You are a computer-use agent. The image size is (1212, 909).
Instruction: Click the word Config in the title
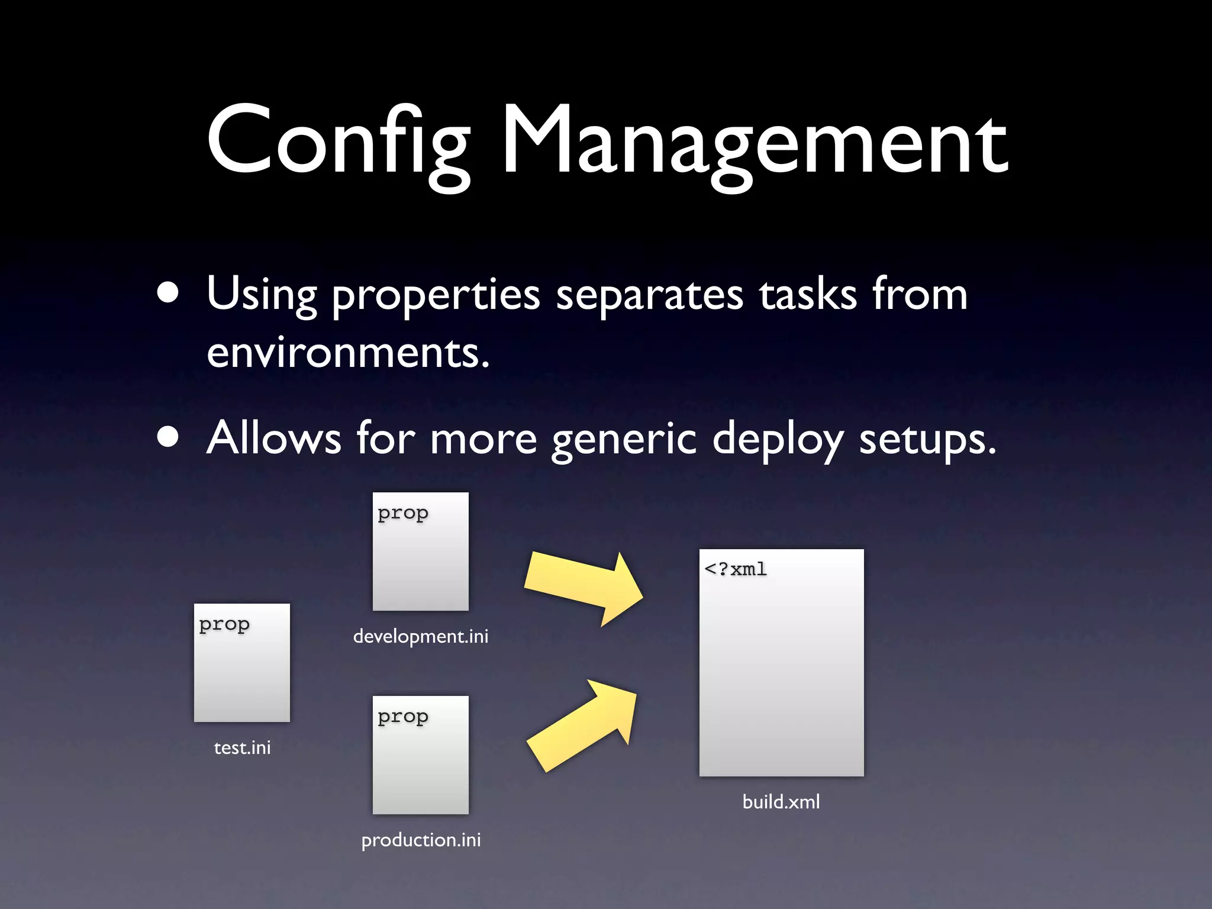click(337, 142)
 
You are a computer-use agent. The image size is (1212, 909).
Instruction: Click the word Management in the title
click(755, 142)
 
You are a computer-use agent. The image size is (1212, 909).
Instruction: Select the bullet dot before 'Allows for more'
click(169, 437)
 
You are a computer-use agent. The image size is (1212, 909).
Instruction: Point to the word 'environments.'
click(348, 353)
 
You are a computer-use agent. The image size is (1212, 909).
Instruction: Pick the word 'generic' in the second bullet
click(624, 439)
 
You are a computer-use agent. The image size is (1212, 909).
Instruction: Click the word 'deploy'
click(778, 439)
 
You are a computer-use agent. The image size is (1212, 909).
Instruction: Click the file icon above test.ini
click(242, 663)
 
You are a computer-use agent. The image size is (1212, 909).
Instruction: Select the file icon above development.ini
click(420, 552)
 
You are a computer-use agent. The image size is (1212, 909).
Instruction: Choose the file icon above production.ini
click(420, 755)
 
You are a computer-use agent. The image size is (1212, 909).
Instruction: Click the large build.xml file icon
click(781, 663)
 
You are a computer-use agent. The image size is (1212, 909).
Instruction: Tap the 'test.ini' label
click(242, 748)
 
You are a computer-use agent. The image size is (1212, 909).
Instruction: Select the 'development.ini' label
click(420, 637)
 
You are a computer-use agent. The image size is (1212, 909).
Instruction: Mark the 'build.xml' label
click(781, 802)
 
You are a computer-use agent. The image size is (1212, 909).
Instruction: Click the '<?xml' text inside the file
click(736, 569)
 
